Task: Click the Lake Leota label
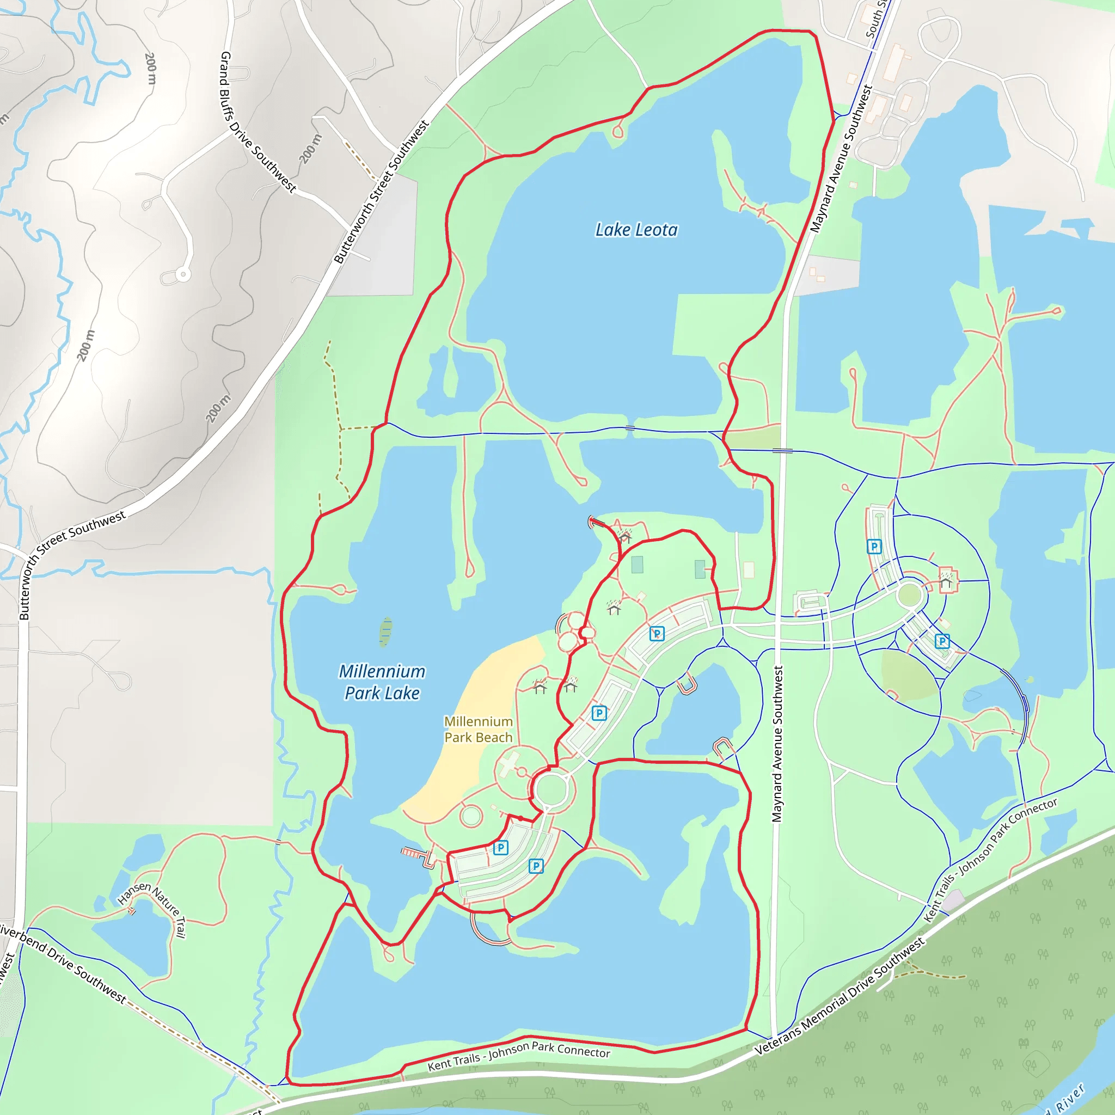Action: pos(636,230)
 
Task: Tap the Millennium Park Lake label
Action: pos(382,682)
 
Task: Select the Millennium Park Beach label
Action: pos(478,729)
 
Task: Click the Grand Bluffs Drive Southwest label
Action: pos(258,122)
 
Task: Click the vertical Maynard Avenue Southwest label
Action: pos(777,744)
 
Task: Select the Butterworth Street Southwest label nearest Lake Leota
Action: pos(382,192)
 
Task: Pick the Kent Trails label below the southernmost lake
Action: pos(518,1056)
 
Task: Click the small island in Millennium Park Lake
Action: pos(385,632)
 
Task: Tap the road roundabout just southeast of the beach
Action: pos(550,789)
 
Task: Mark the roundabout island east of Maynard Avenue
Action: pos(910,595)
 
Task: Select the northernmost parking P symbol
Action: pos(874,546)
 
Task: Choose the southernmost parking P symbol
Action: pos(536,866)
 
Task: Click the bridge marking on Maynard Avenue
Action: pos(782,450)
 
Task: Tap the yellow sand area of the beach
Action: pos(479,693)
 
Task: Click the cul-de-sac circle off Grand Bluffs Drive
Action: pos(183,274)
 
